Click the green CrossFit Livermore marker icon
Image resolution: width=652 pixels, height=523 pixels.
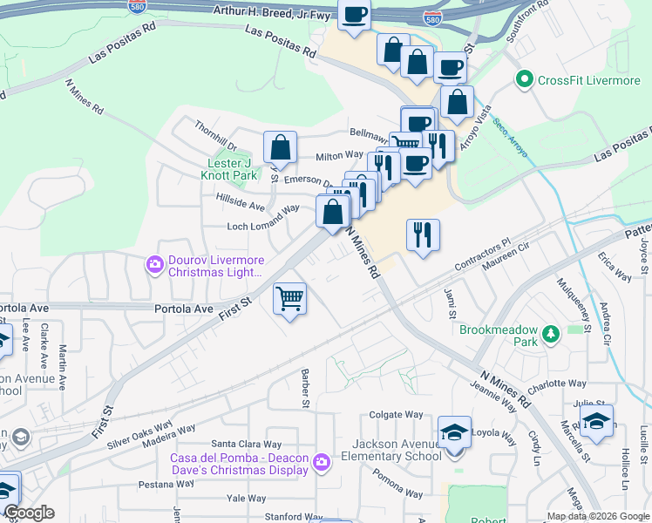(524, 80)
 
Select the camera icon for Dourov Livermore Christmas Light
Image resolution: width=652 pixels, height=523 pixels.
(156, 262)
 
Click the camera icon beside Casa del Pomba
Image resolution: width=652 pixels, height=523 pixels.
(322, 461)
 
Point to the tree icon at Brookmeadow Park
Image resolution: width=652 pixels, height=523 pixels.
(550, 334)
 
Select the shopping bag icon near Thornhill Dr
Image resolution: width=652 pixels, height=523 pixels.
(280, 146)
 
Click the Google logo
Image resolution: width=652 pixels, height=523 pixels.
(28, 512)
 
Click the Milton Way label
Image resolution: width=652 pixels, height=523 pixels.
(338, 155)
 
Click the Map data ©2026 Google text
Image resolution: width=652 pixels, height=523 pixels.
(597, 516)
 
